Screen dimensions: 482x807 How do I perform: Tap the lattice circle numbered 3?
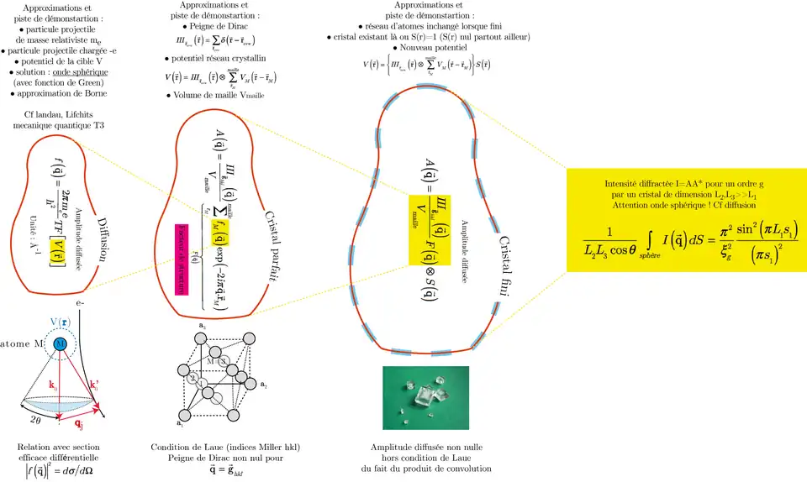tap(223, 360)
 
